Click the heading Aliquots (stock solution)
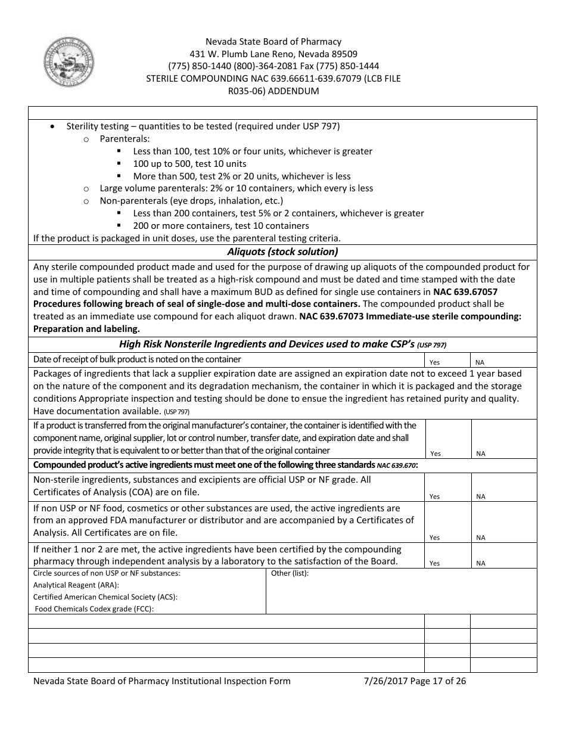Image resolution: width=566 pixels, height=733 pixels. point(282,251)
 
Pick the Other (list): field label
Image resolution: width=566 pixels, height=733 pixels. point(290,573)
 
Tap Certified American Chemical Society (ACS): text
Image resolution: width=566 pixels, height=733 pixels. point(105,597)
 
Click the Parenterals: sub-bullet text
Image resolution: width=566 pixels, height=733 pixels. point(116,139)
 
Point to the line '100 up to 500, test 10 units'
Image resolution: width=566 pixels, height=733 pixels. point(189,163)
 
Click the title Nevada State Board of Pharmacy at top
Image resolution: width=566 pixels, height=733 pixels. point(273,42)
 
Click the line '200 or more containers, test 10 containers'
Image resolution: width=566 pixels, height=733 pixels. point(221,225)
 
